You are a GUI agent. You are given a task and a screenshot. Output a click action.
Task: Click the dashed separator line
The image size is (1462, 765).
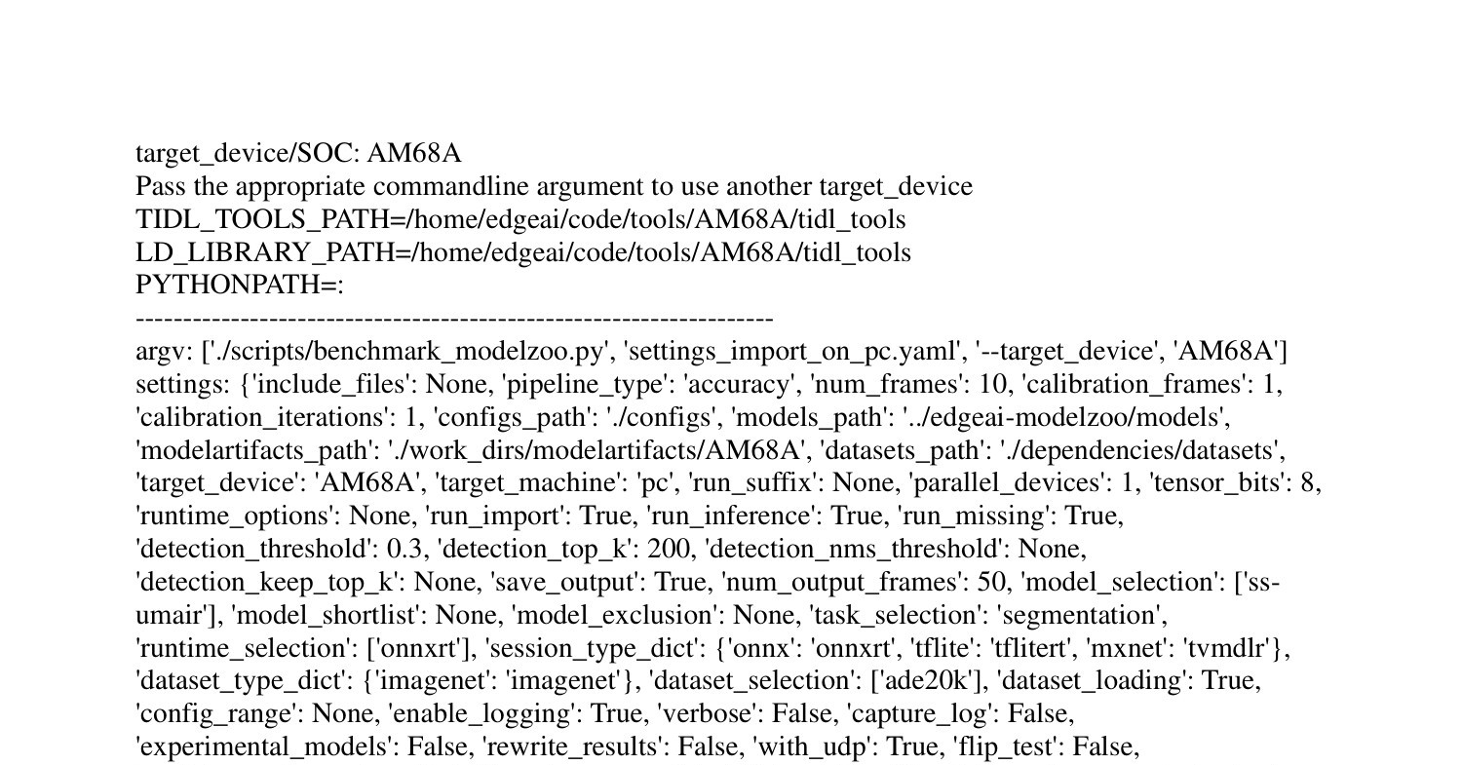454,320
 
